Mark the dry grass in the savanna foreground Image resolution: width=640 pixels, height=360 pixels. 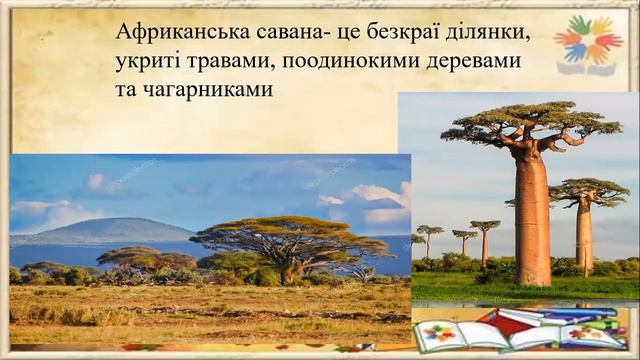point(200,315)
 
